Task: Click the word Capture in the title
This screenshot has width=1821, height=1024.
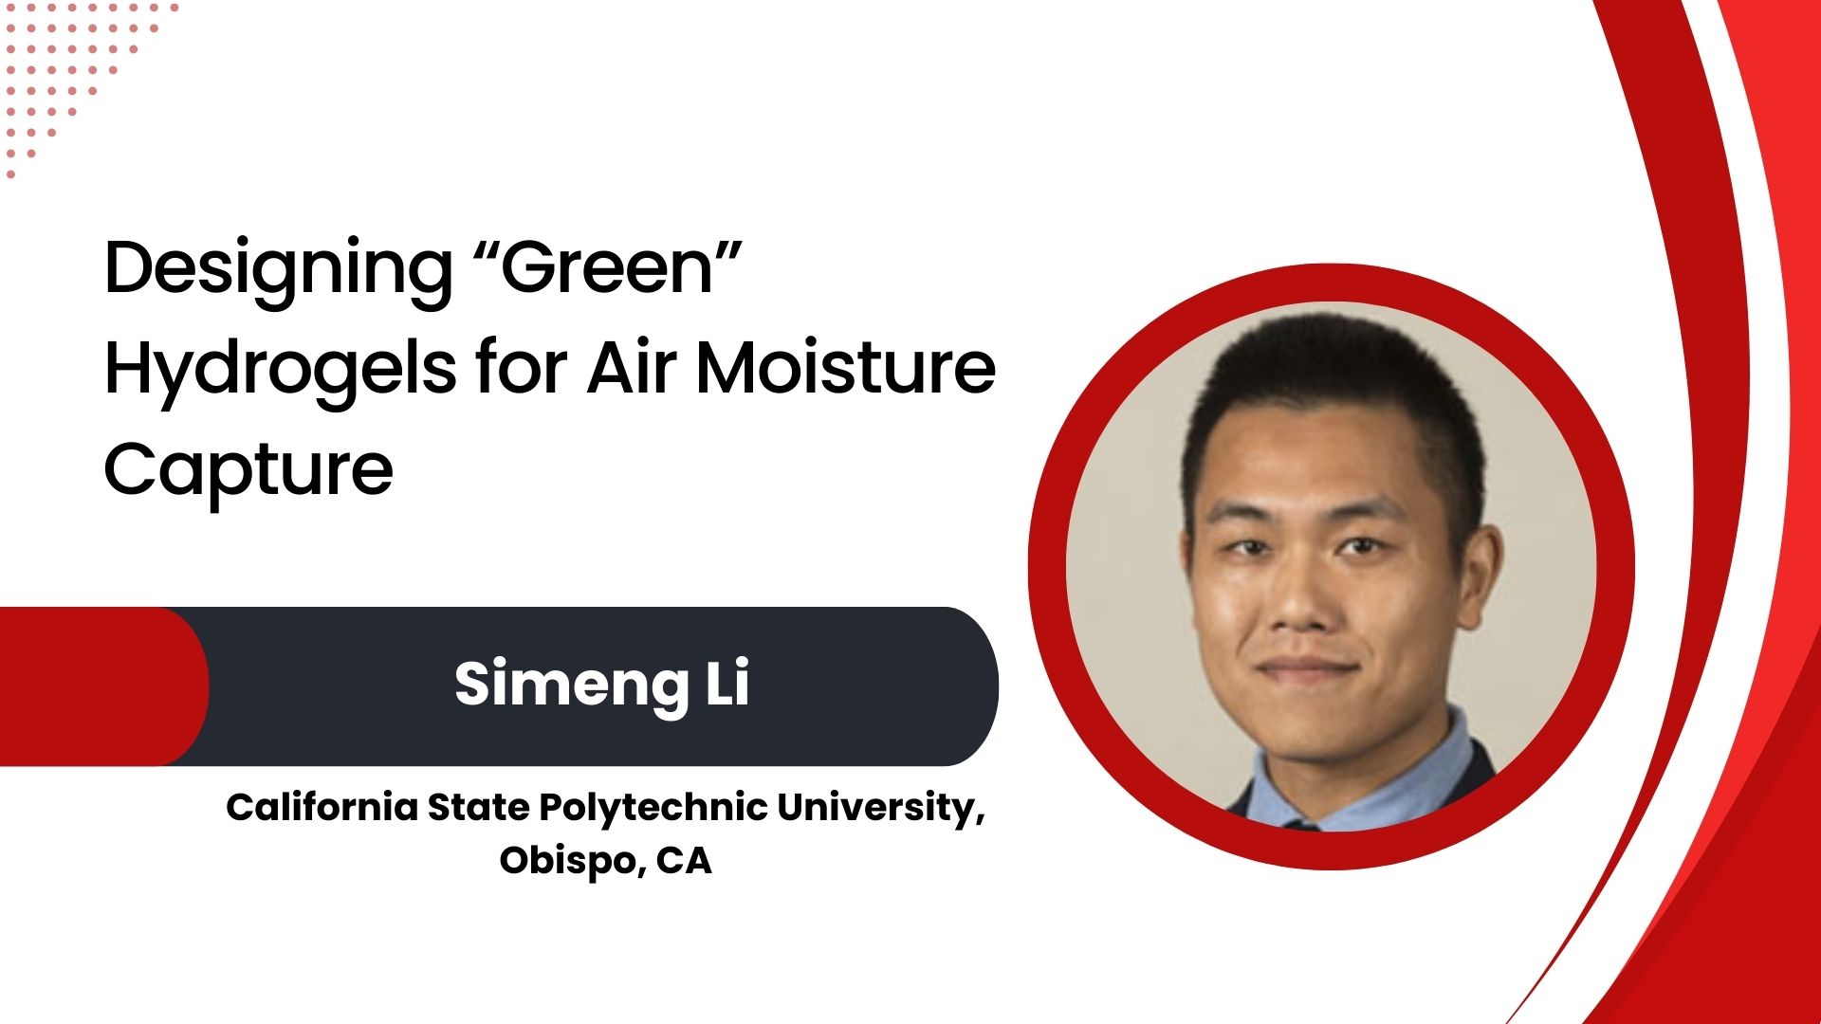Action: point(248,471)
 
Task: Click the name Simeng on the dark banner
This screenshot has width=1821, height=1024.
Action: point(572,686)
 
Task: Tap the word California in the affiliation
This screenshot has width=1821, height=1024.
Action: point(322,807)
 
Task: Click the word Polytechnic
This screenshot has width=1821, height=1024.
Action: point(653,809)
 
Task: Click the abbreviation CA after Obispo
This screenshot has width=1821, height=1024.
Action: point(684,861)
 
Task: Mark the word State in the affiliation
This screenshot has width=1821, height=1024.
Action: point(478,807)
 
